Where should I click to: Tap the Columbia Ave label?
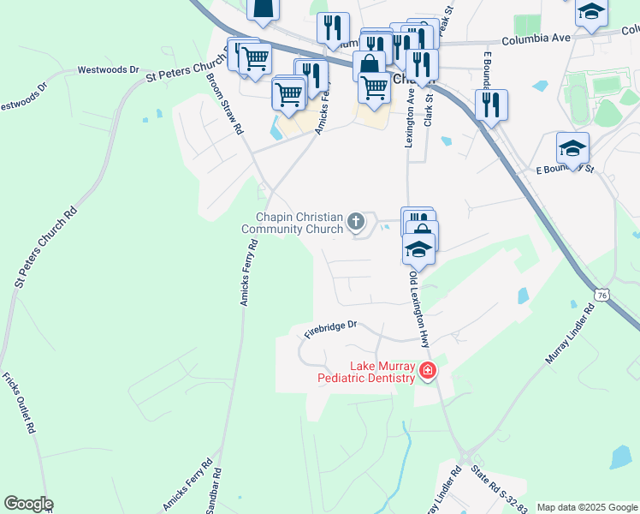tap(536, 39)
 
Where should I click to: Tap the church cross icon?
tap(356, 223)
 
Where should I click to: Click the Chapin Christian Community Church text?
tap(293, 223)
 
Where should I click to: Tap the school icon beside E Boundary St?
tap(572, 148)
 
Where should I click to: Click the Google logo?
tap(28, 504)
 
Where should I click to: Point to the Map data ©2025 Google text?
tap(587, 507)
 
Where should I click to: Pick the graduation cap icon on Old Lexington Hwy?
tap(418, 249)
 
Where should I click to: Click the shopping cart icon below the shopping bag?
tap(374, 87)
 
